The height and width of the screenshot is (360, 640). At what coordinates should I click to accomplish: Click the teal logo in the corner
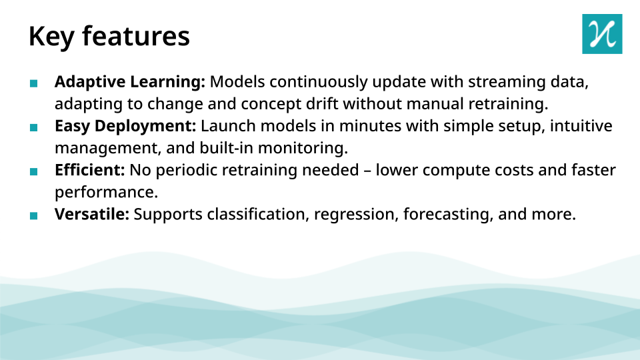[602, 34]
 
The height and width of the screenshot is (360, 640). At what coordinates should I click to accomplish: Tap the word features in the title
[136, 35]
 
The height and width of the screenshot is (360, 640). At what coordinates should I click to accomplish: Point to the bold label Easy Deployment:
[125, 126]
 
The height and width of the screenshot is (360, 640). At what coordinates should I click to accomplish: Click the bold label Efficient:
[90, 170]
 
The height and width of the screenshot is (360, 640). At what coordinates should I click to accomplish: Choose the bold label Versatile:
[92, 214]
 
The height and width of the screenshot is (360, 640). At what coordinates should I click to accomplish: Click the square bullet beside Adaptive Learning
[34, 84]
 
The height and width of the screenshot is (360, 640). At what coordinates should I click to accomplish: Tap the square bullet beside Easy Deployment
[34, 128]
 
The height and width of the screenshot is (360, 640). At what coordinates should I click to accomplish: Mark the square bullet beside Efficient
[34, 171]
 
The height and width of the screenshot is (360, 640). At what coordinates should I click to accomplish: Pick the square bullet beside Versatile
[34, 215]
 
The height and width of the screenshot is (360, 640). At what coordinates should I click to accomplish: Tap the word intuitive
[581, 126]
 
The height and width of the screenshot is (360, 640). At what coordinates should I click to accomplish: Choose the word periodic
[186, 171]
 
